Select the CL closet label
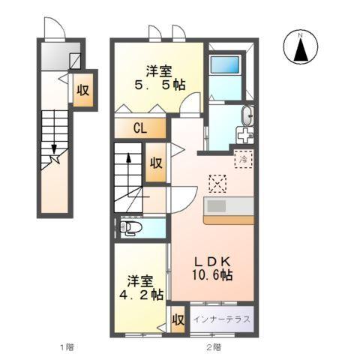(139, 127)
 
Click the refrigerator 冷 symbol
(243, 158)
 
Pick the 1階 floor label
(67, 346)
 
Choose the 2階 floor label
(214, 346)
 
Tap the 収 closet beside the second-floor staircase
(155, 165)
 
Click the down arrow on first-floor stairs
(54, 150)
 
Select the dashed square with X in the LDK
(217, 183)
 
